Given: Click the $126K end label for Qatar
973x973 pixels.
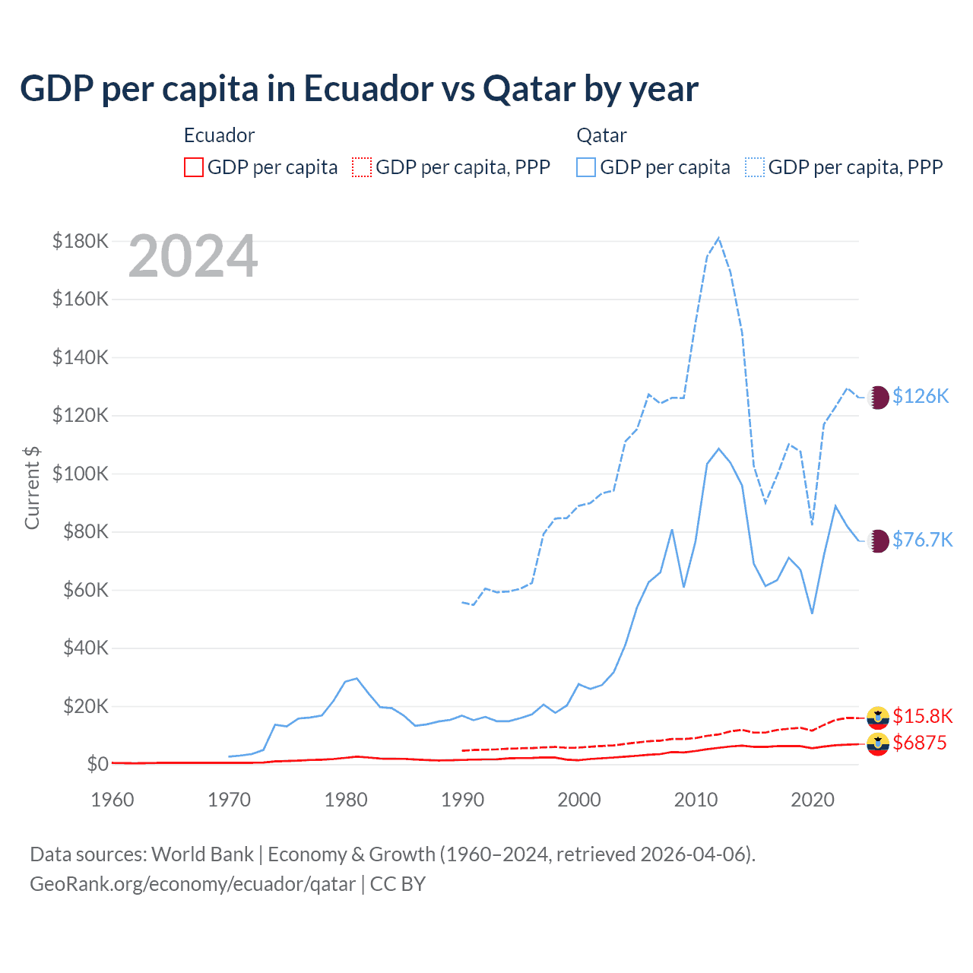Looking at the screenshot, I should pos(921,396).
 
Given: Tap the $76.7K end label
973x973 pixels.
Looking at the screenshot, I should pos(922,540).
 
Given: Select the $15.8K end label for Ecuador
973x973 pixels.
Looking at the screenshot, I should pos(922,716).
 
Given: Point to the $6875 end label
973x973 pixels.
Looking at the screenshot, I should pos(920,743).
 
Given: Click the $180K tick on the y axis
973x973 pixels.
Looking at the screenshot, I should pos(81,241).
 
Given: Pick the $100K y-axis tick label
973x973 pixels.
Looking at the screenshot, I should pos(81,474).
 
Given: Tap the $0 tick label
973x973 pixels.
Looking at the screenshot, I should pos(97,764).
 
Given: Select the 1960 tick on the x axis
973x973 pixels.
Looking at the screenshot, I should pos(113,800).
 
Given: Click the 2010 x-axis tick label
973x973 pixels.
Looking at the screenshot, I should pos(696,800).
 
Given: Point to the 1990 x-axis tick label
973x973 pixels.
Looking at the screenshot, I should pos(462,800).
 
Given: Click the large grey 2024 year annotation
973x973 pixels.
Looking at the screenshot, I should pos(193,257).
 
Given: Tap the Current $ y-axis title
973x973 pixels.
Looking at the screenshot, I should pos(32,487).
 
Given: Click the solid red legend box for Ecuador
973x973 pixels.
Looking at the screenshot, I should pos(194,167).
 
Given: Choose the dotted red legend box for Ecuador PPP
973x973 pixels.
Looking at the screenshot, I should pos(362,167).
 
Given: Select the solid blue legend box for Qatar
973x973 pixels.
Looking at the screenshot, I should pos(586,167).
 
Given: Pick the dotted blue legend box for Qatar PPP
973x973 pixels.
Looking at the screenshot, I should pos(755,167).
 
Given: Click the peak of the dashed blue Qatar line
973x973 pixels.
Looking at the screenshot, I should pos(718,238).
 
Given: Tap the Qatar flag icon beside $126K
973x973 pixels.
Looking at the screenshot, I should pos(878,397).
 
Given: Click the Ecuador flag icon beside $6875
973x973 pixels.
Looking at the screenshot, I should pos(878,744).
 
